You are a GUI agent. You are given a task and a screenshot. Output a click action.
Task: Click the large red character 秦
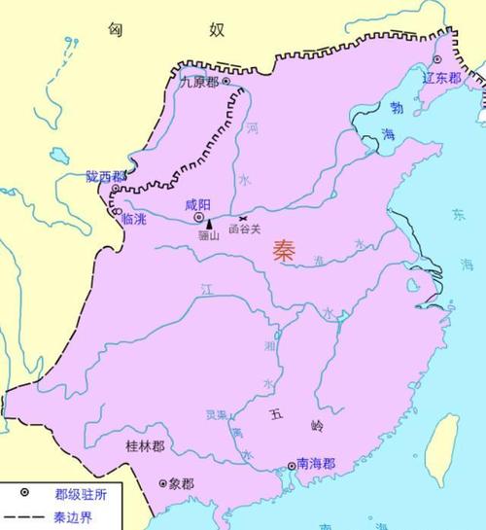point(286,250)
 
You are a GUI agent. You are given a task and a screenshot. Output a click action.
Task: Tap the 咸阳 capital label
point(197,204)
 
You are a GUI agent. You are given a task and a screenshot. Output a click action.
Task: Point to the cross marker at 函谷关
point(242,218)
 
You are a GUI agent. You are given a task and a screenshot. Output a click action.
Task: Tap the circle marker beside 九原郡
point(226,83)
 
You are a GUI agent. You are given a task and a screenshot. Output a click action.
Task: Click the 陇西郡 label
point(105,177)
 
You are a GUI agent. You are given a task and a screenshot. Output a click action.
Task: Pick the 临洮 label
point(134,221)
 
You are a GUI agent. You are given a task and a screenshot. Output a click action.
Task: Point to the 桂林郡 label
point(145,445)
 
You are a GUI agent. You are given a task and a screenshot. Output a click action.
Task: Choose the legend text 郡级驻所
point(61,494)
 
